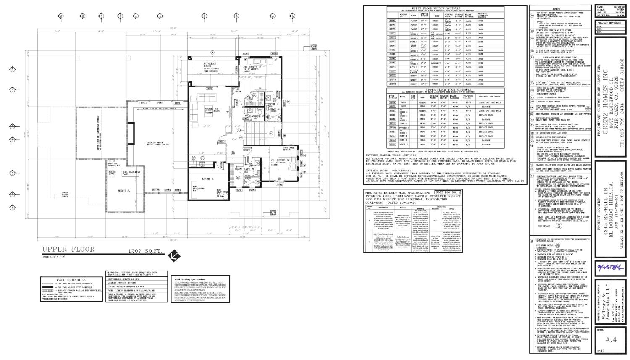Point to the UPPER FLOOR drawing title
tap(68, 250)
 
